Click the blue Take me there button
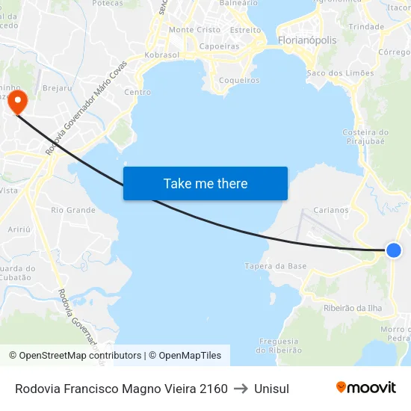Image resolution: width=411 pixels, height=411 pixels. click(x=205, y=183)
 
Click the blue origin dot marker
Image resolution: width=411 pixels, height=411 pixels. click(x=394, y=251)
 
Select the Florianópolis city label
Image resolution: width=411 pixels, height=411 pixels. click(x=306, y=40)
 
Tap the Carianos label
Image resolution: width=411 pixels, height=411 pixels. click(x=331, y=210)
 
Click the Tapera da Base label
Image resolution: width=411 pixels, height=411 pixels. click(x=276, y=266)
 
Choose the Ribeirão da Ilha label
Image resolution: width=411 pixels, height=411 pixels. click(x=353, y=308)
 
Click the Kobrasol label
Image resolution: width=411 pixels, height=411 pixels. click(x=161, y=55)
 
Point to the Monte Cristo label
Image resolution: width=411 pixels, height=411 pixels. click(x=195, y=30)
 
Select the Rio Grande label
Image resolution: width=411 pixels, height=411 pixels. click(x=73, y=210)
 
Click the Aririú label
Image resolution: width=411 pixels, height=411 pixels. click(x=19, y=230)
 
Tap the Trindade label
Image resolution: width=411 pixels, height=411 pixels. click(x=366, y=26)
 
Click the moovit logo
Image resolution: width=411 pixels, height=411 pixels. click(x=366, y=387)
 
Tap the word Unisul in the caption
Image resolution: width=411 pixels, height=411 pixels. click(x=271, y=389)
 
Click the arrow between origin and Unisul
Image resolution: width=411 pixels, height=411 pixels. click(x=241, y=389)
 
